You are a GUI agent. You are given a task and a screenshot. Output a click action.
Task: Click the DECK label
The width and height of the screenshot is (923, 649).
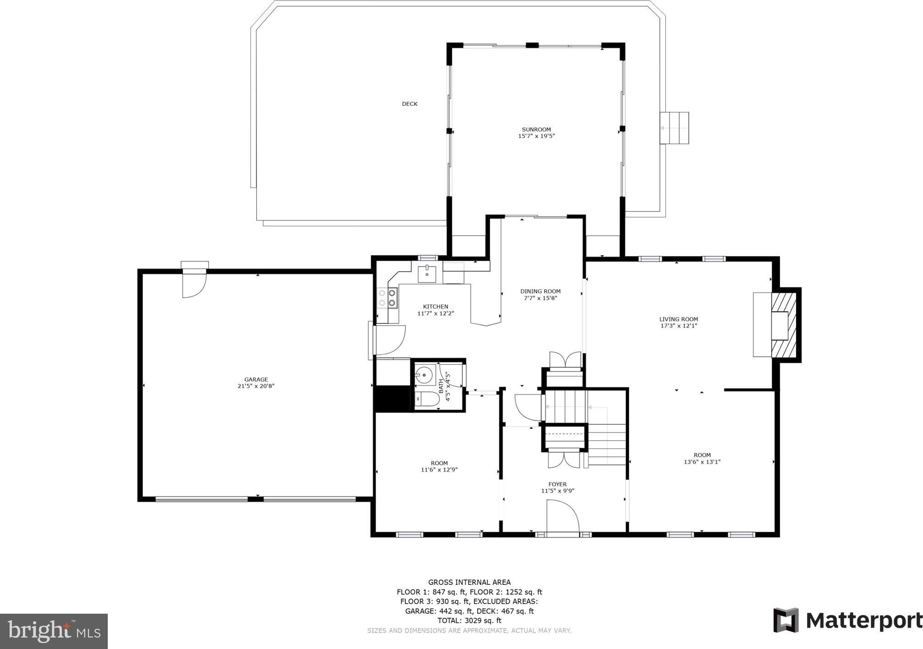pos(409,104)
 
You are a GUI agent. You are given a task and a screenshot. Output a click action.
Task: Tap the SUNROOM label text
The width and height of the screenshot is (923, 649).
pos(536,130)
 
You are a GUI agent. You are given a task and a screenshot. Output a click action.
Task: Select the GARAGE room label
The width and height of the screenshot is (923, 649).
pos(256,379)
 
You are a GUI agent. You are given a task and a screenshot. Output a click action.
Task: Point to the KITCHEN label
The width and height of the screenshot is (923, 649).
pos(436,306)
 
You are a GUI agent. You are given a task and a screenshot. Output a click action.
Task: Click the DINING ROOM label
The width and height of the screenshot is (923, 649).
pos(540,291)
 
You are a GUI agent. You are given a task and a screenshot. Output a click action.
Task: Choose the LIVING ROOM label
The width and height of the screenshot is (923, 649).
pos(679,319)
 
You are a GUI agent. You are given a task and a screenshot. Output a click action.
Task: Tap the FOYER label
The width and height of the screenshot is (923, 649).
pos(558,484)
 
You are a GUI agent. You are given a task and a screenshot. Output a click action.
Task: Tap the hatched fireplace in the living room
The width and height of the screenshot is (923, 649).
pos(785,325)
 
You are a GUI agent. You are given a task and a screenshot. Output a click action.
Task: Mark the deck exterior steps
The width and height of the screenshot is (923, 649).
pos(674,128)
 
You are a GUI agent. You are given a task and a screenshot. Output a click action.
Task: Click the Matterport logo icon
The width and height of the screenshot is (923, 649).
pos(786,620)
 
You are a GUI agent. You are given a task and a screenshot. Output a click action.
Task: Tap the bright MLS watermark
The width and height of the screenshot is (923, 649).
pos(54,631)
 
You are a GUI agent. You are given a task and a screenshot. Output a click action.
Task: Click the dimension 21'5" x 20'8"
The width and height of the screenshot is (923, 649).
pos(256,386)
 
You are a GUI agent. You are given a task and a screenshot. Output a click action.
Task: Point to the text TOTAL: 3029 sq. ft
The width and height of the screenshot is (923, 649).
pos(469,621)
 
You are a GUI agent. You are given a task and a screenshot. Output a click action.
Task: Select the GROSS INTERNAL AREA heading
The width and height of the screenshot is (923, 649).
pos(469,582)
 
